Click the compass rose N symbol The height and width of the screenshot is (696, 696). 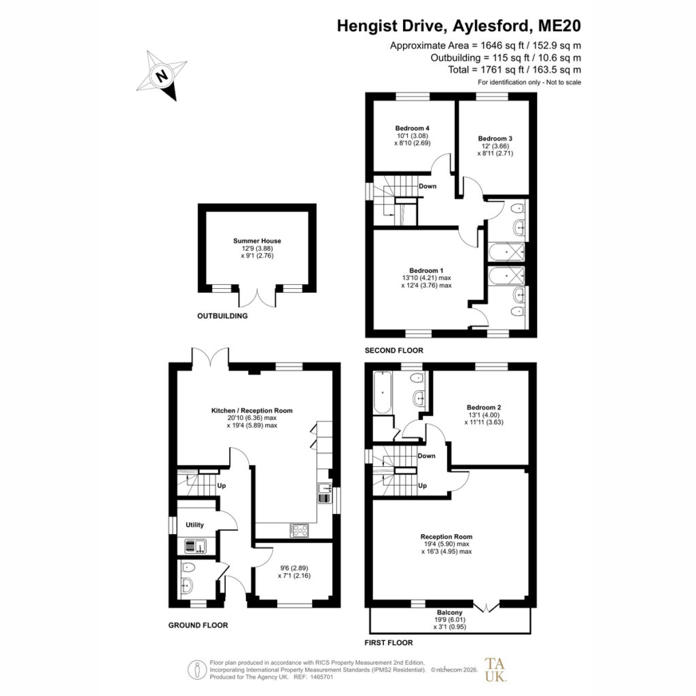pyautogui.click(x=162, y=75)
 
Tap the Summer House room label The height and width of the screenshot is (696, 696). pyautogui.click(x=257, y=241)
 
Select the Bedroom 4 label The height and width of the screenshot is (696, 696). pyautogui.click(x=413, y=128)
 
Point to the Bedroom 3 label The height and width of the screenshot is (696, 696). pyautogui.click(x=495, y=139)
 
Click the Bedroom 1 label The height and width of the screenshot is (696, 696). pyautogui.click(x=426, y=271)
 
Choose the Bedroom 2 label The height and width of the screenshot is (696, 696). pyautogui.click(x=484, y=408)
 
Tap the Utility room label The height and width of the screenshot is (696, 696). pyautogui.click(x=194, y=525)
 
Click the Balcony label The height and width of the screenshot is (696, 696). pyautogui.click(x=450, y=612)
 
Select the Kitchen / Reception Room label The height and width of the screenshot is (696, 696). pyautogui.click(x=251, y=411)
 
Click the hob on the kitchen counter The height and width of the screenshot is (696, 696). pyautogui.click(x=299, y=530)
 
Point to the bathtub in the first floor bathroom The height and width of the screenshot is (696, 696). pyautogui.click(x=382, y=392)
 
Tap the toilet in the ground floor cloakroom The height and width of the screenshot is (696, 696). pyautogui.click(x=188, y=568)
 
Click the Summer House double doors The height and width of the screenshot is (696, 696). pyautogui.click(x=257, y=296)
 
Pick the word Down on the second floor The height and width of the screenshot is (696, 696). pyautogui.click(x=428, y=186)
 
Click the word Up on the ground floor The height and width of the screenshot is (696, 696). pyautogui.click(x=222, y=485)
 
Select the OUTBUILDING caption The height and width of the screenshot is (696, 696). pyautogui.click(x=222, y=316)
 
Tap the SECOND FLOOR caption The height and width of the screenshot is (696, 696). pyautogui.click(x=394, y=350)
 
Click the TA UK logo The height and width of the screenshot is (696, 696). pyautogui.click(x=495, y=669)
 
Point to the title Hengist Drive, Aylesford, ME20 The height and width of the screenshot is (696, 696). pyautogui.click(x=459, y=26)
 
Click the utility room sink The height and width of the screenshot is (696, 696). pyautogui.click(x=195, y=546)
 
